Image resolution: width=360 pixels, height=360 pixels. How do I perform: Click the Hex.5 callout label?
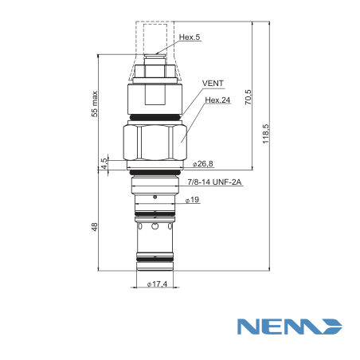[x=190, y=37]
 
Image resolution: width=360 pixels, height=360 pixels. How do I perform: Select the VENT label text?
[x=213, y=84]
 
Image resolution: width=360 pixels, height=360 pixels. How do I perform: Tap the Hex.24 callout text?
[x=217, y=100]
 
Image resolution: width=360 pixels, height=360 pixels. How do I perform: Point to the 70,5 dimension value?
[x=248, y=97]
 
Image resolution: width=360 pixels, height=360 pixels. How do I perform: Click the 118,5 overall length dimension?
[x=266, y=134]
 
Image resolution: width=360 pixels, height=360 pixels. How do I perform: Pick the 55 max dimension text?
[x=95, y=104]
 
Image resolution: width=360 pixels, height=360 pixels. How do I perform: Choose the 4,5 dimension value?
[x=104, y=163]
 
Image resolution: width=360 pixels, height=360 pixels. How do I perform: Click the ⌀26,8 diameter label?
[x=202, y=164]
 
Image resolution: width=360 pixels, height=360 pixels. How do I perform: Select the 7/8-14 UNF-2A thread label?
[x=214, y=182]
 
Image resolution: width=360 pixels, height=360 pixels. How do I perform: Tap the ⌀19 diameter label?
[x=192, y=200]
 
